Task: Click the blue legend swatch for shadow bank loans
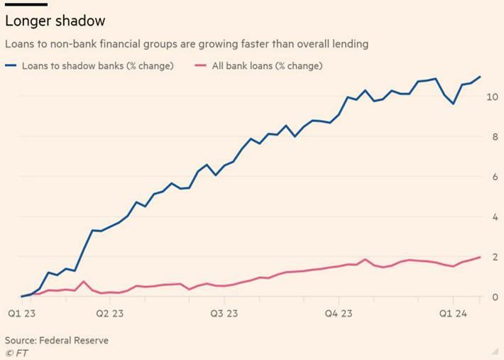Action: pyautogui.click(x=11, y=66)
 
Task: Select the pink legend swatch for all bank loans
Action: pyautogui.click(x=201, y=66)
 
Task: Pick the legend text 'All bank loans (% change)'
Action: pyautogui.click(x=267, y=66)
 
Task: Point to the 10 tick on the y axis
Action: pyautogui.click(x=491, y=97)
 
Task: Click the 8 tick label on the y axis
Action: pyautogui.click(x=494, y=136)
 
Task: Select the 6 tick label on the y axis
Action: pyautogui.click(x=494, y=177)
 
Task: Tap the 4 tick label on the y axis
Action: pyautogui.click(x=494, y=217)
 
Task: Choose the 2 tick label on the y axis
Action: pyautogui.click(x=494, y=257)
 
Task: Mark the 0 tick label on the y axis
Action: pyautogui.click(x=494, y=297)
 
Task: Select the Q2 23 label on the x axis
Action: pyautogui.click(x=109, y=313)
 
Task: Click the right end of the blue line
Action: pyautogui.click(x=480, y=77)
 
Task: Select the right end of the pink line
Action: pyautogui.click(x=480, y=257)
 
